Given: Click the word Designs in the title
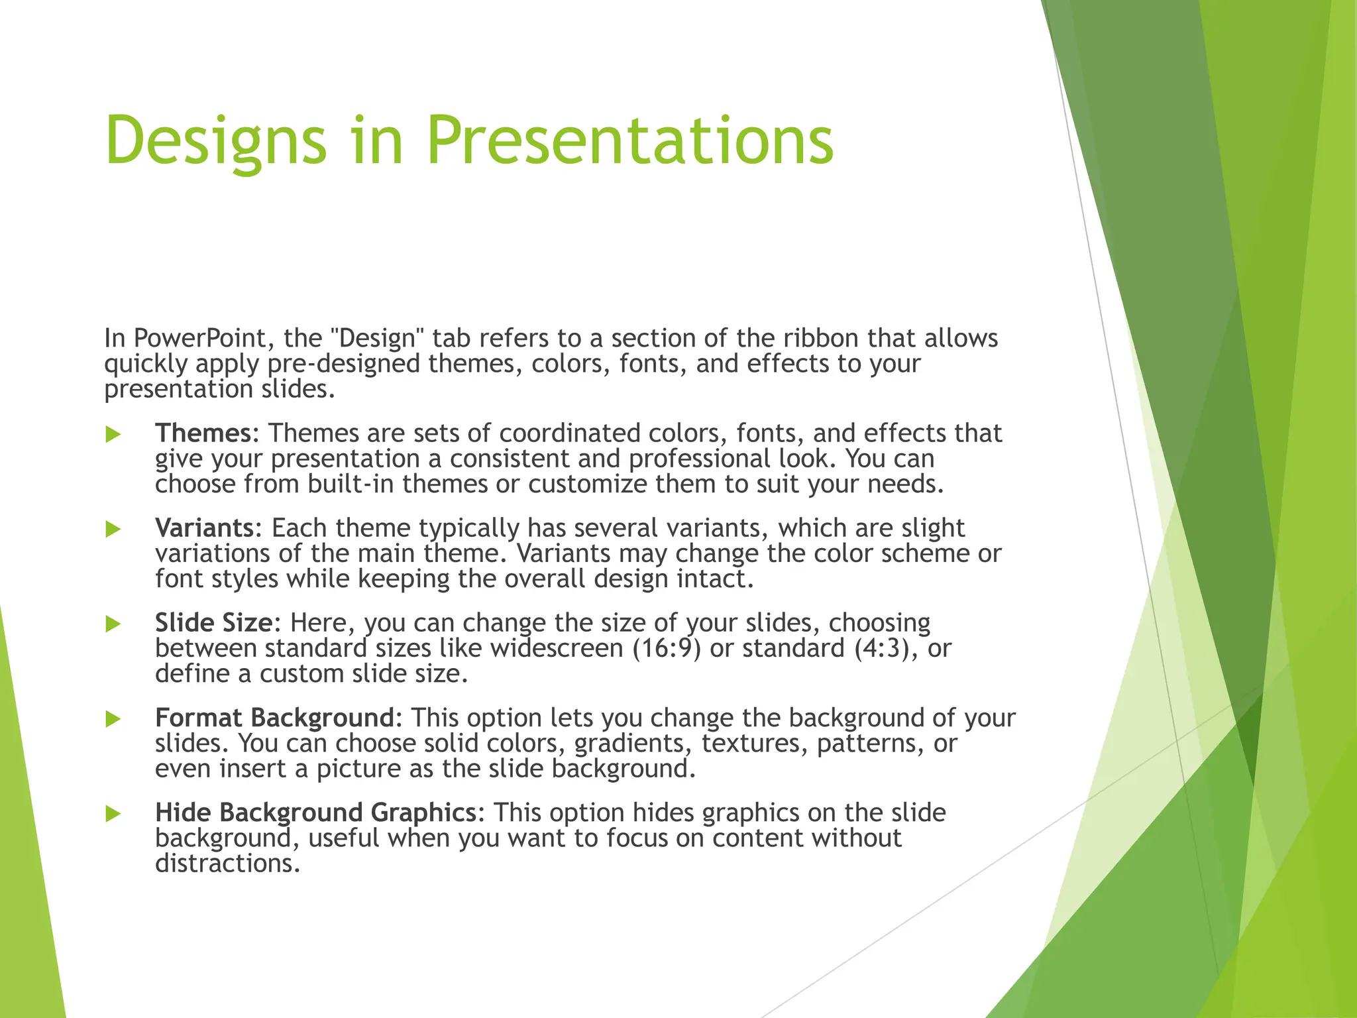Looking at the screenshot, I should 216,141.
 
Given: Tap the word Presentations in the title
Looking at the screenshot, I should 629,141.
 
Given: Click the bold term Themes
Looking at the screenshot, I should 203,433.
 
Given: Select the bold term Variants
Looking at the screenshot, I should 204,528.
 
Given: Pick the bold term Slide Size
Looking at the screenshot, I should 213,623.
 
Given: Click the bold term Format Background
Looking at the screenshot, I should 274,718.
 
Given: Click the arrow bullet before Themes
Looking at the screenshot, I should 113,434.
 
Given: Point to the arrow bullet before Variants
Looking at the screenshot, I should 113,529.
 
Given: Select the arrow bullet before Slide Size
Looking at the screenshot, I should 113,624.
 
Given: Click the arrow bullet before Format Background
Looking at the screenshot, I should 113,718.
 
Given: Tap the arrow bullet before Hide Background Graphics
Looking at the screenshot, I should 113,813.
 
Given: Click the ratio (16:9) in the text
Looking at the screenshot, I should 667,648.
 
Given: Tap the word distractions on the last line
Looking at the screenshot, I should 227,864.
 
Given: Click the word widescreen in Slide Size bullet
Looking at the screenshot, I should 557,648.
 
